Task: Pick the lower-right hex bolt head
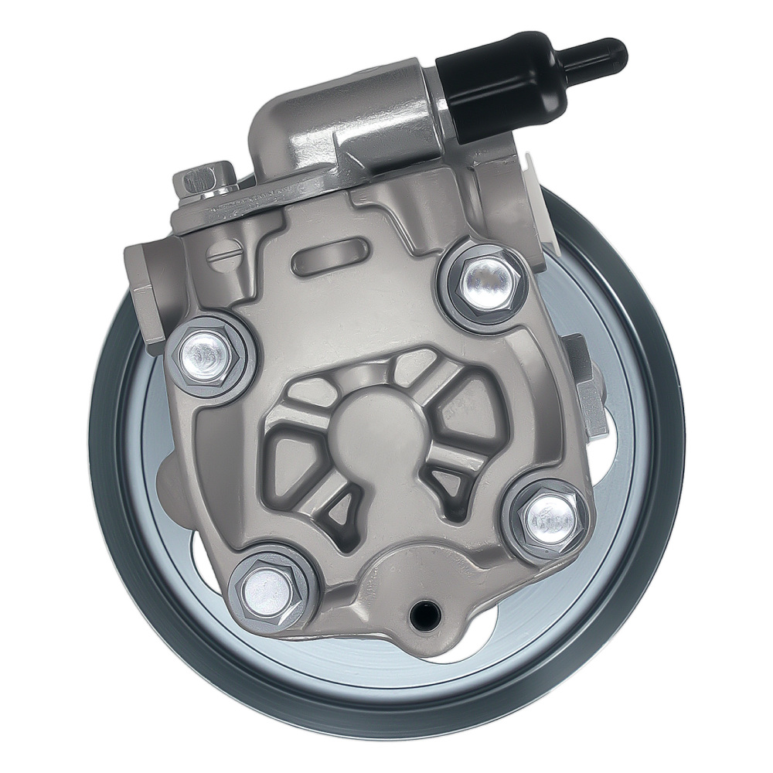click(547, 517)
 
